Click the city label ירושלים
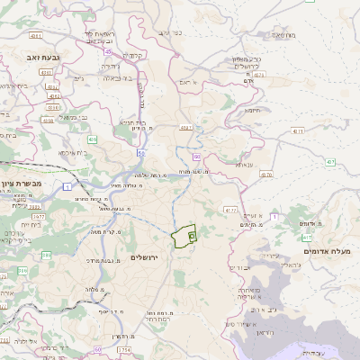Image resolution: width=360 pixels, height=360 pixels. click(144, 258)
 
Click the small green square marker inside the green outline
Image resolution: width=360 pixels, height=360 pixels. click(192, 235)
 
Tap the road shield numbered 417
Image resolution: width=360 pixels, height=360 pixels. click(307, 238)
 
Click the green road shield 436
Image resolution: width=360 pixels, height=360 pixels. click(92, 139)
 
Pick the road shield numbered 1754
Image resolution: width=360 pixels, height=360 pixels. click(124, 349)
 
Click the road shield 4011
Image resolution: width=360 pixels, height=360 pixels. click(35, 35)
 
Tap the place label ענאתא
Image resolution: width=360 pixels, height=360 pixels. click(244, 165)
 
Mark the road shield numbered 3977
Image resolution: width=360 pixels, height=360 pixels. click(38, 217)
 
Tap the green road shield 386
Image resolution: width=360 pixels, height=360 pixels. click(22, 269)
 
